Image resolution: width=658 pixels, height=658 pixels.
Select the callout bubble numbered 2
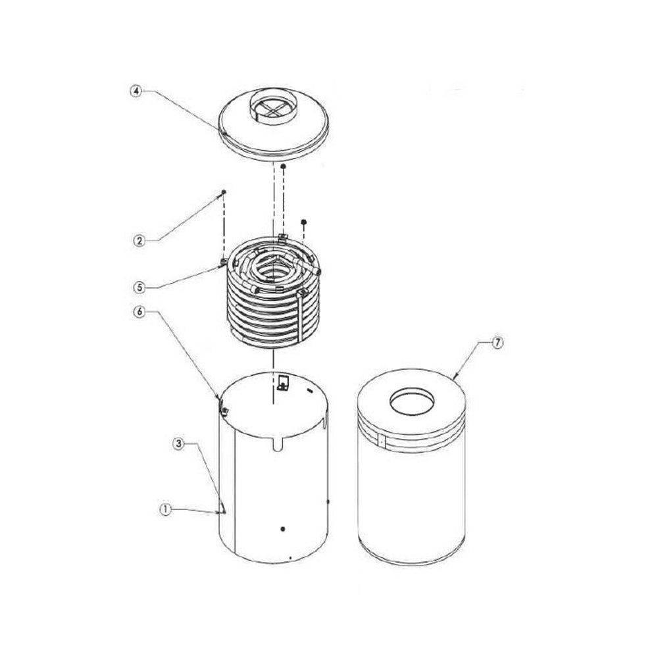click(139, 241)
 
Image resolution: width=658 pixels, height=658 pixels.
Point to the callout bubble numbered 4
click(135, 91)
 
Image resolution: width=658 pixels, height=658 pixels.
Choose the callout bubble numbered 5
click(139, 287)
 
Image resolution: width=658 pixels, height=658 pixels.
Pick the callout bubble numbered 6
click(139, 313)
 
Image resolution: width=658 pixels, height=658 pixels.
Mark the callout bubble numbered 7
click(498, 343)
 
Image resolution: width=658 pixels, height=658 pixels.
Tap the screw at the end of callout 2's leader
click(224, 191)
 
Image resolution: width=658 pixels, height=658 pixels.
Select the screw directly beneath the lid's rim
click(283, 168)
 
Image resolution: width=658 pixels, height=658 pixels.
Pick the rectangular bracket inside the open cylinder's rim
click(282, 382)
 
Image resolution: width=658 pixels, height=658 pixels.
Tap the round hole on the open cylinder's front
click(282, 529)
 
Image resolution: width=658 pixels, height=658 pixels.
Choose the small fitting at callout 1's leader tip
click(224, 511)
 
